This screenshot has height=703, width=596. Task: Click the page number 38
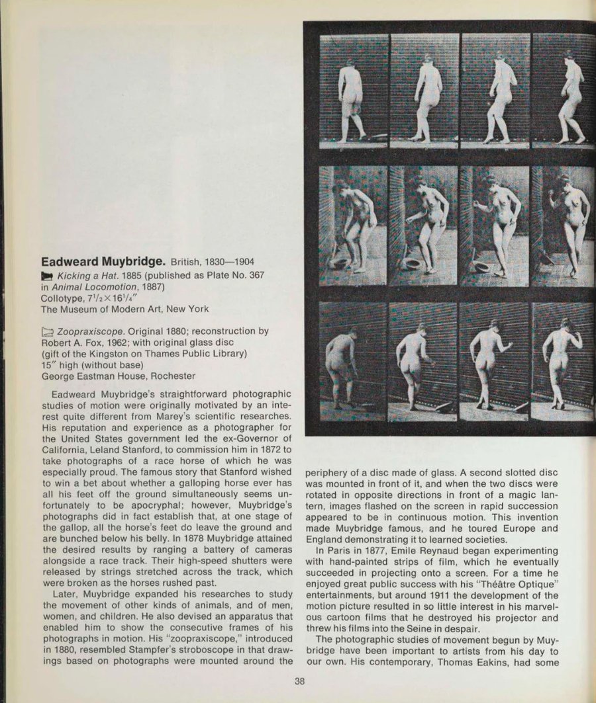pos(300,682)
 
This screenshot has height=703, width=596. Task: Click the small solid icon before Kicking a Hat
pos(47,274)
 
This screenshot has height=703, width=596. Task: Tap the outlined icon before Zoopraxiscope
pos(48,331)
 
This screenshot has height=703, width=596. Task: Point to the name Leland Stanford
pos(125,458)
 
